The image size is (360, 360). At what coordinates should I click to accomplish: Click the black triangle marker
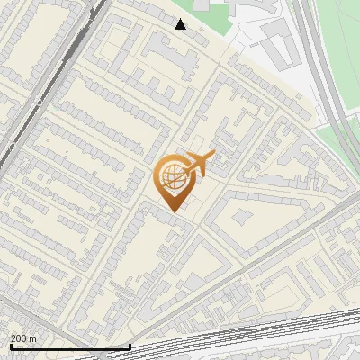[181, 24]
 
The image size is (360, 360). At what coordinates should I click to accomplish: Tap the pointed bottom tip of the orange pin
[173, 211]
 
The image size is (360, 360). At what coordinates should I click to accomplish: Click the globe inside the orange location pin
[173, 179]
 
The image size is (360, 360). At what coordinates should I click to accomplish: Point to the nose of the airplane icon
[213, 156]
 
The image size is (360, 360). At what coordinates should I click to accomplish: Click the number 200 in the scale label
[20, 338]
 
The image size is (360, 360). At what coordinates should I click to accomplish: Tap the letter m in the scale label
[34, 338]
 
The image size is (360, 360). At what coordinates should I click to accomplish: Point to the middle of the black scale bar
[70, 346]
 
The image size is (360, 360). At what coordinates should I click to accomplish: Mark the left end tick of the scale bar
[10, 346]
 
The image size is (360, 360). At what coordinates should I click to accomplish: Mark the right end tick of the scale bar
[130, 346]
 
